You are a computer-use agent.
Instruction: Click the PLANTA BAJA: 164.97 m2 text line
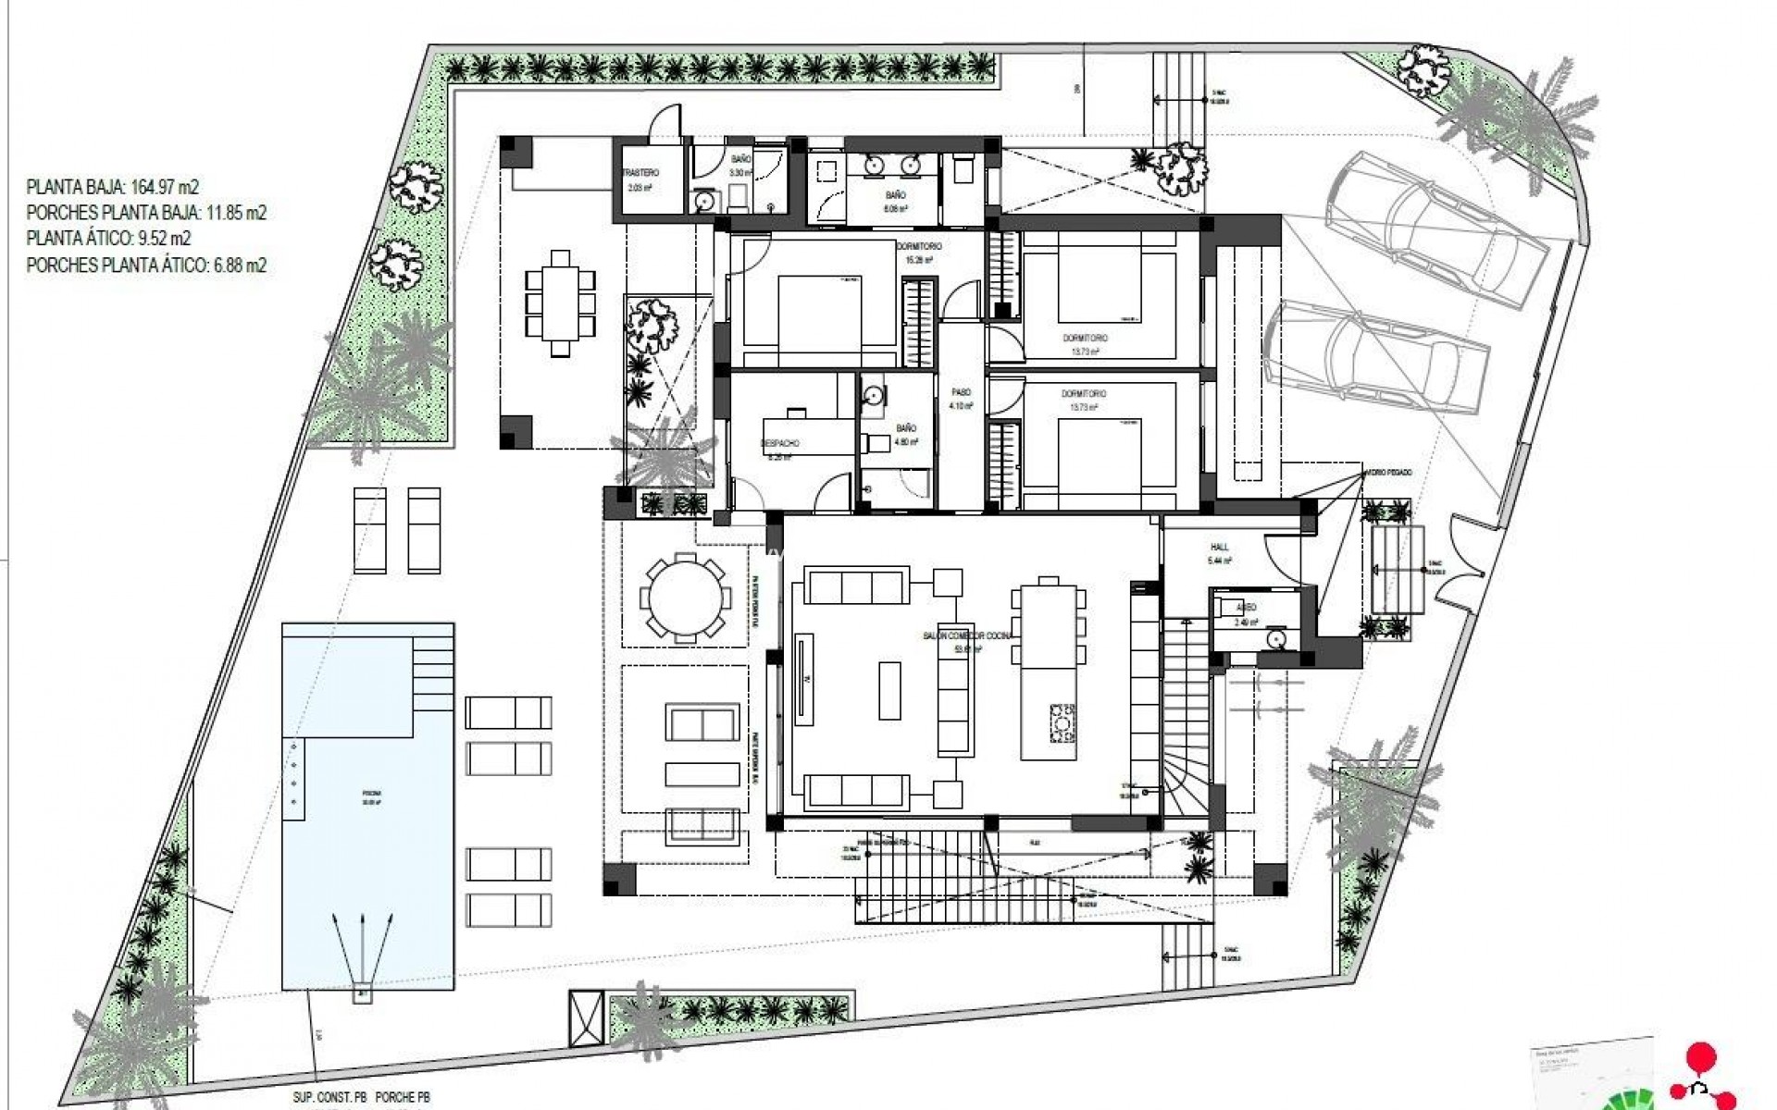113,187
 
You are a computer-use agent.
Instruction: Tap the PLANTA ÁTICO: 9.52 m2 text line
108,239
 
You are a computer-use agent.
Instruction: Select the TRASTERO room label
640,174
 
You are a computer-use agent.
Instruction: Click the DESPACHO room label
779,444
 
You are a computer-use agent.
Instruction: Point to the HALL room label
1219,548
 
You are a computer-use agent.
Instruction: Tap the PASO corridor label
961,393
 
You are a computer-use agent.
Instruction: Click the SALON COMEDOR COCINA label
968,636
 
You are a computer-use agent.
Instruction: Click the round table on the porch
685,598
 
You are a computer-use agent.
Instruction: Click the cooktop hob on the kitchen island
1062,722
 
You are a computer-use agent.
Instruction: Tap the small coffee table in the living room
888,690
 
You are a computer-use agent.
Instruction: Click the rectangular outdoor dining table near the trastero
560,302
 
